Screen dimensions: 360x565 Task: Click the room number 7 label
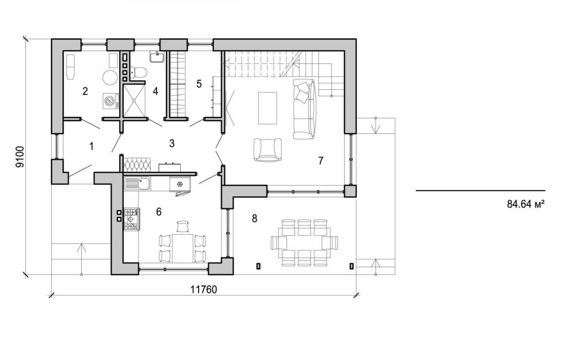[x=321, y=160]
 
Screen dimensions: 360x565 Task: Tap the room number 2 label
[x=85, y=91]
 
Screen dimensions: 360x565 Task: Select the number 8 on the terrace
[x=254, y=218]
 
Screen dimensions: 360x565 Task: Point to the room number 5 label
[x=199, y=84]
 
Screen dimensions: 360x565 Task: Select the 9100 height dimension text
[x=19, y=157]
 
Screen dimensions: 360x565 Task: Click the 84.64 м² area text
[x=525, y=203]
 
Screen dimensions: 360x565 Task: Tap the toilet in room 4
[x=141, y=72]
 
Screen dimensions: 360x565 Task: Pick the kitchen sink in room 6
[x=137, y=184]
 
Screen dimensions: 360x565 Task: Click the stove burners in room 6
[x=132, y=218]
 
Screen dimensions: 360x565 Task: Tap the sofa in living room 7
[x=303, y=108]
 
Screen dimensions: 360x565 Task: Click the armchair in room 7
[x=267, y=149]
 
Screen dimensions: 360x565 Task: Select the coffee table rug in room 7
[x=268, y=108]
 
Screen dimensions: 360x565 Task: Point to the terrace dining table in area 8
[x=305, y=243]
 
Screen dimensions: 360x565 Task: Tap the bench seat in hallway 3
[x=136, y=164]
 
